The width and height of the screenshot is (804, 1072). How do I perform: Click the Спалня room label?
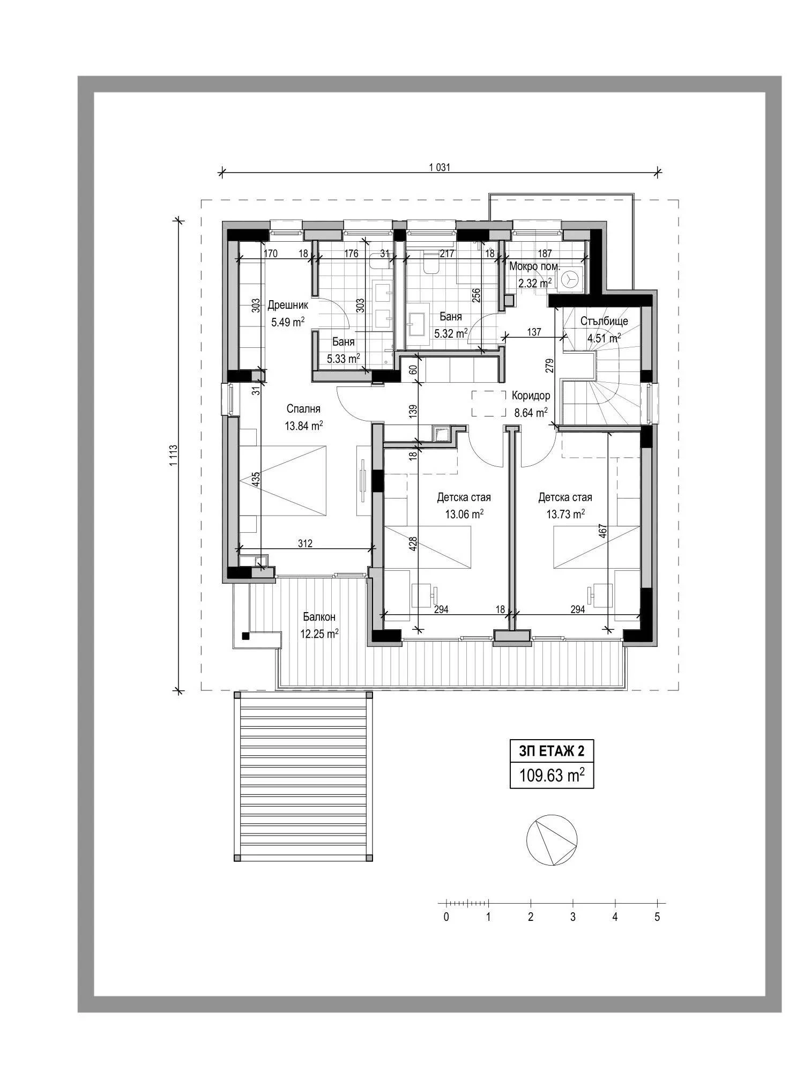(x=303, y=409)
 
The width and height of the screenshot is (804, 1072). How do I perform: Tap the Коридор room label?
(x=531, y=396)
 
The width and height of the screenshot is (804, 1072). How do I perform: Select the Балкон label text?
(x=318, y=617)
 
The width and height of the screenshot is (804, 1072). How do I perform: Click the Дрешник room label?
(x=288, y=306)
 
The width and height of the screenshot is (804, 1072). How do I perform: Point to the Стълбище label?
(x=604, y=321)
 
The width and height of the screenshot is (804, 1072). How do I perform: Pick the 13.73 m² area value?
(x=565, y=514)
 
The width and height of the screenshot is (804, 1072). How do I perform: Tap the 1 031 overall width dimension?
(x=440, y=167)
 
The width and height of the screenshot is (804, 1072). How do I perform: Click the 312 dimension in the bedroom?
(x=305, y=544)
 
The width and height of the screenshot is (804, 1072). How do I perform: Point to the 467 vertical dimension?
(x=602, y=531)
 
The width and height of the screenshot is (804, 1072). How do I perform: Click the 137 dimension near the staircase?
(x=534, y=332)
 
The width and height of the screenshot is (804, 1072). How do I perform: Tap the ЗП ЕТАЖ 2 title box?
(x=552, y=751)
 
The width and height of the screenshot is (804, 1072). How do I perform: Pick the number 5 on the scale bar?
(x=657, y=917)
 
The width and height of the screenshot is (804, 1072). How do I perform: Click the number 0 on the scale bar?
(x=446, y=917)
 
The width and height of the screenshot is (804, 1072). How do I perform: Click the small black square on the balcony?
(x=245, y=636)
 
